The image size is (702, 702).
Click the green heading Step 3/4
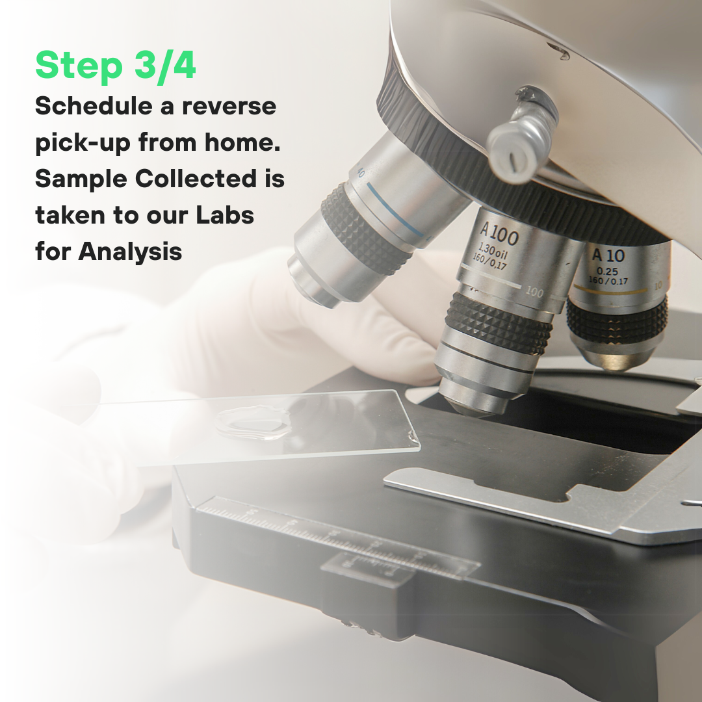coord(116,66)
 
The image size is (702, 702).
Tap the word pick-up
coord(83,143)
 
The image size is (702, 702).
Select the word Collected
coord(196,179)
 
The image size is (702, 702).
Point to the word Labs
coord(225,215)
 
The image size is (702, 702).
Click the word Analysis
coord(130,252)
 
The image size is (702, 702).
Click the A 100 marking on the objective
coord(499,234)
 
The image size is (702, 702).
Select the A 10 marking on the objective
coord(608,255)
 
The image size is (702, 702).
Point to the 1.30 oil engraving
coord(493,251)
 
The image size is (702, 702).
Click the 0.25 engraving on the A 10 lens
coord(607,271)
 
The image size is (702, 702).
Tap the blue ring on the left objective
coord(395,209)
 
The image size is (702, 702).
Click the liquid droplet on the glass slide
coord(253,422)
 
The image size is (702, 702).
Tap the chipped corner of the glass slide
coord(413,435)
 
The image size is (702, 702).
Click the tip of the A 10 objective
coord(615,363)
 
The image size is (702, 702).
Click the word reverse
coord(229,107)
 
